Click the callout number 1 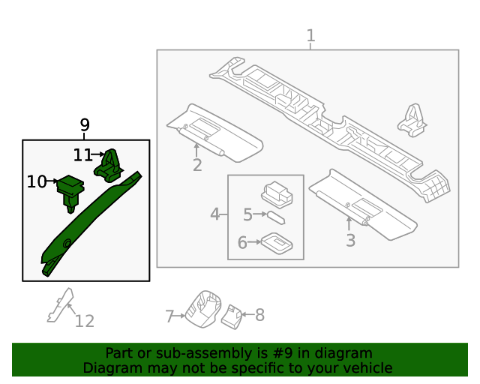coord(310,36)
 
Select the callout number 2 coord(197,165)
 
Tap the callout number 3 coord(350,241)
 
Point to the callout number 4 coord(215,215)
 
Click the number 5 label coord(247,215)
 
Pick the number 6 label coord(242,242)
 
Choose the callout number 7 coord(169,316)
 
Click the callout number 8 coord(260,315)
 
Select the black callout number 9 coord(85,125)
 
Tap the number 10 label coord(36,181)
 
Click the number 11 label coord(82,155)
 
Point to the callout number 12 coord(85,321)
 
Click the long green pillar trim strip coord(90,221)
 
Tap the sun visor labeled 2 coord(214,133)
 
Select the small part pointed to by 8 coord(232,317)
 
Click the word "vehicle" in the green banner coord(364,368)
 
